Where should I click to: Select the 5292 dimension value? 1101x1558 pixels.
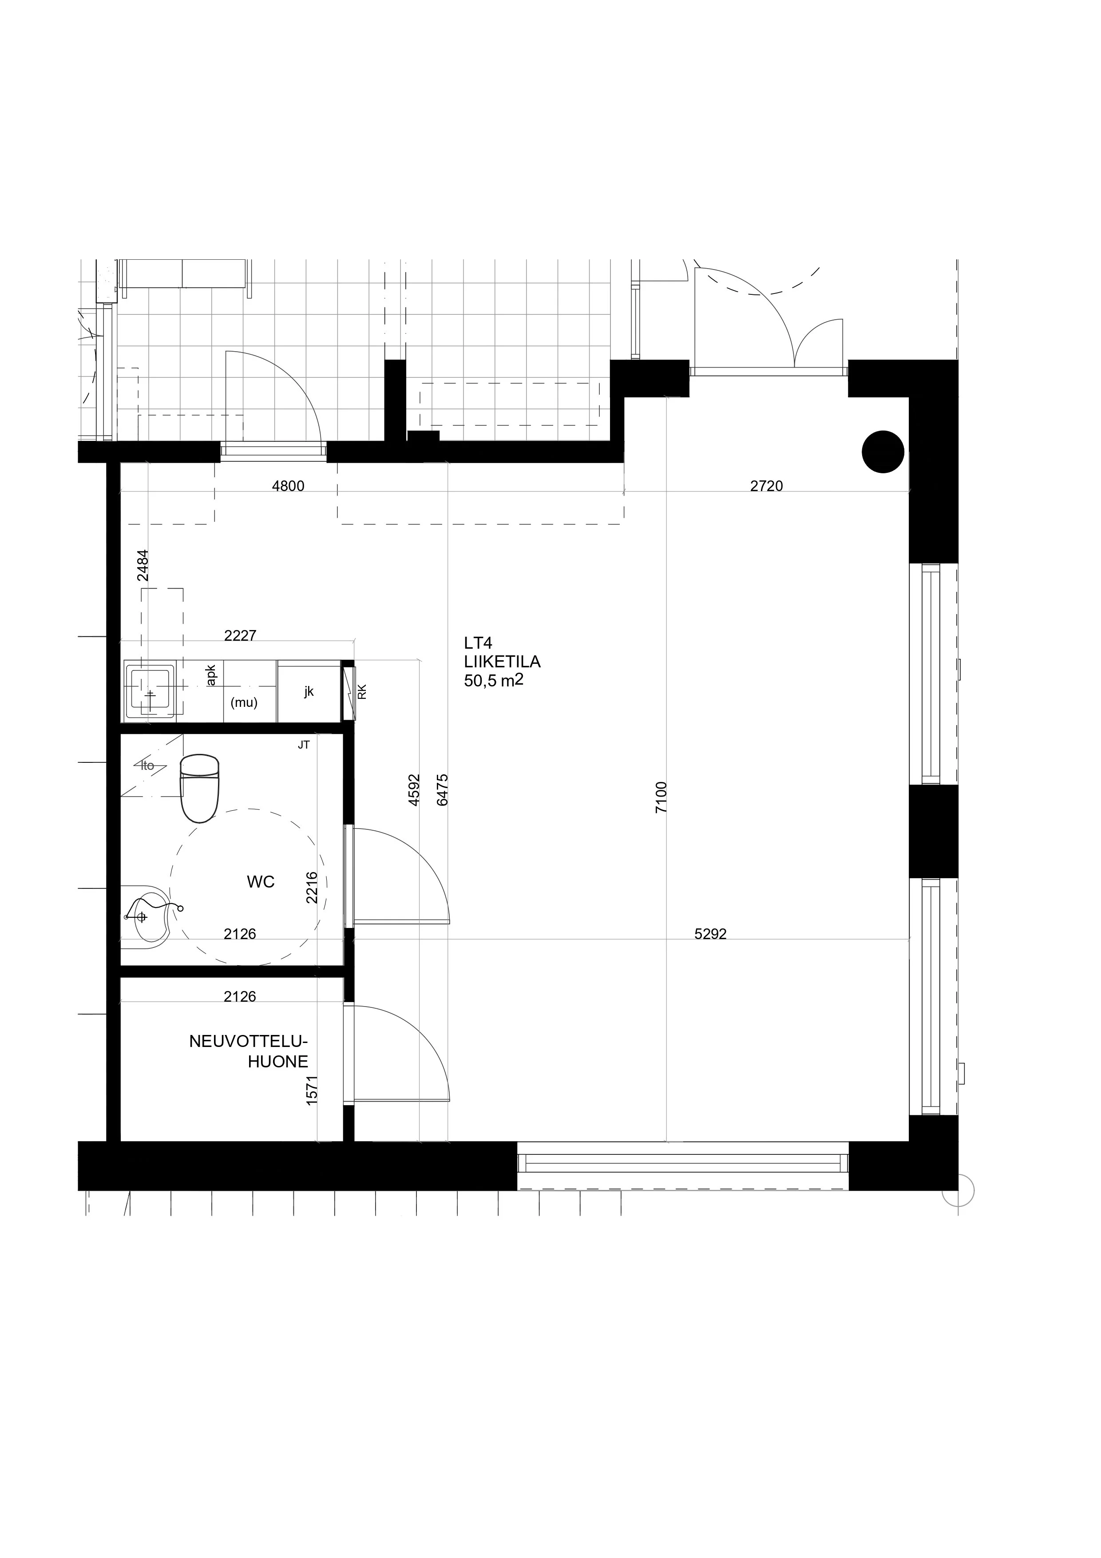point(710,934)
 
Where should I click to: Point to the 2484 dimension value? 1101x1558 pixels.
point(143,565)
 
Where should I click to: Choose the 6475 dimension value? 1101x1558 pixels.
point(443,790)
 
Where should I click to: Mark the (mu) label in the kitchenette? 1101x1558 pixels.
point(244,703)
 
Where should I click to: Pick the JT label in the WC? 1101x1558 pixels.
point(303,745)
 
